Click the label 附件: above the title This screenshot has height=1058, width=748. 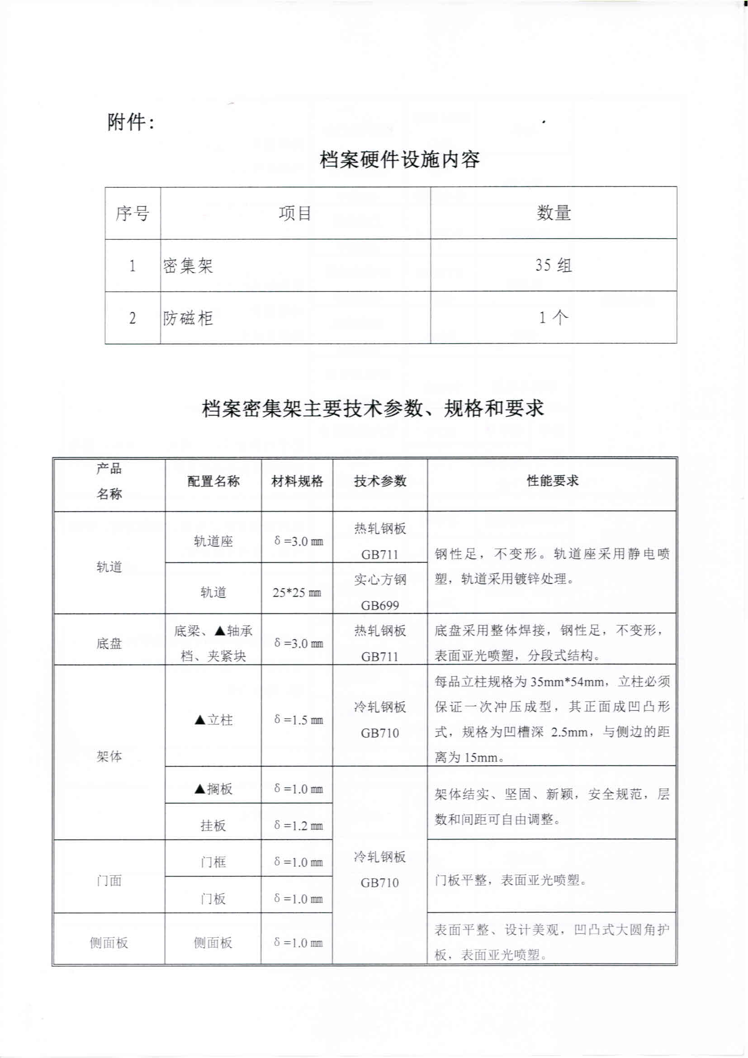130,122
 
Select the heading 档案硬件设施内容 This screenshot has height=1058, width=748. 399,159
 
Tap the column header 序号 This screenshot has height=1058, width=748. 132,213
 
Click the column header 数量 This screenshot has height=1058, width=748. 553,213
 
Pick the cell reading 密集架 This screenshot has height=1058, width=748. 188,266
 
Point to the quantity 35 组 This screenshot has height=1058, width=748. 553,266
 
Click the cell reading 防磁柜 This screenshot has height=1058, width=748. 188,318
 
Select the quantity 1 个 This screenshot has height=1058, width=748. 553,318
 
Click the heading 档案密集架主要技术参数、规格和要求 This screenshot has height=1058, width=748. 373,408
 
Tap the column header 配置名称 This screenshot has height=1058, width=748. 213,482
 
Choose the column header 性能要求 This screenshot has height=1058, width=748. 552,481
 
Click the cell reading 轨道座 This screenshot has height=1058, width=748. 213,541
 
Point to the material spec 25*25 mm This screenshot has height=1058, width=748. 297,593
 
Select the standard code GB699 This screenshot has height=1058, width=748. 379,605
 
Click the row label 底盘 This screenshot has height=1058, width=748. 109,643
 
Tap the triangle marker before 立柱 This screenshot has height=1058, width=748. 200,720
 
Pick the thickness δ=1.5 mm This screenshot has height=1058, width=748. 298,720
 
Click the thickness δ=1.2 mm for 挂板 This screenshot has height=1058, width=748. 298,826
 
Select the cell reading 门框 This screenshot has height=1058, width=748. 213,862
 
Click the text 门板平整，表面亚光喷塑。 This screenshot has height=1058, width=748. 511,880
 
